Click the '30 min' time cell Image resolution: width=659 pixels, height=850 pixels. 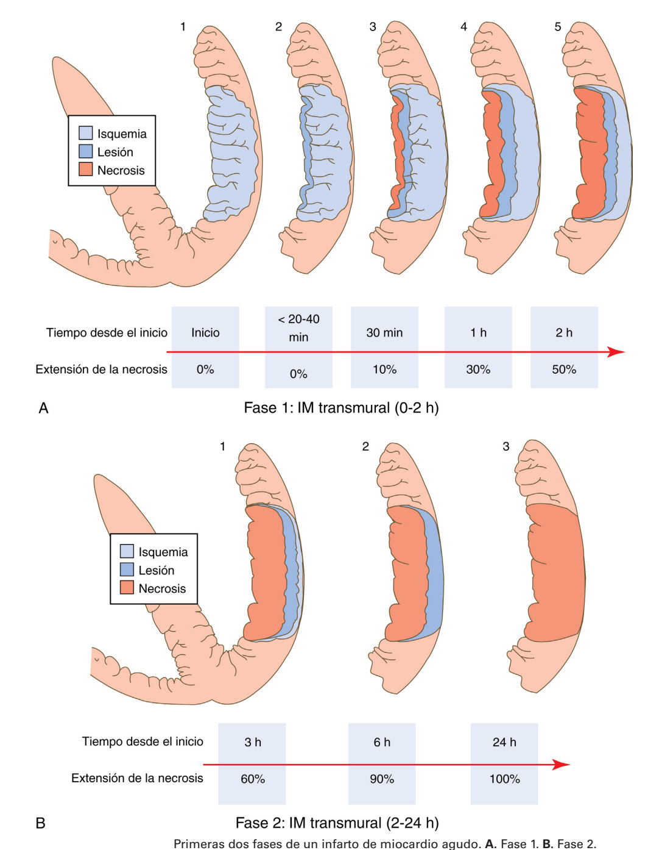(x=384, y=332)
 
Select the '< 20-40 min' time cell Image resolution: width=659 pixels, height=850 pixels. (x=298, y=327)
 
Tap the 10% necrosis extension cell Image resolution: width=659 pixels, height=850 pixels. (x=384, y=370)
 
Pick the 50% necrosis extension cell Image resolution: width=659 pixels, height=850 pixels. (x=564, y=370)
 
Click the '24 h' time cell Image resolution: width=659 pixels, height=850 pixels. (x=504, y=742)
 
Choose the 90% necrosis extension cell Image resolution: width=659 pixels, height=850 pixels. (x=382, y=779)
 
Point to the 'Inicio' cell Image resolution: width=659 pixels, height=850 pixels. (x=205, y=332)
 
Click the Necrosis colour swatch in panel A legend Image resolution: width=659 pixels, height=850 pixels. (x=86, y=170)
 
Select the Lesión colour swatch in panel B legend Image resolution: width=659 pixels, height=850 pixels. (x=127, y=570)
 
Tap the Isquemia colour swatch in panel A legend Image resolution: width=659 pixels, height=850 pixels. (x=86, y=133)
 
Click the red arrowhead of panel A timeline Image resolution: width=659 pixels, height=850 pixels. (x=617, y=352)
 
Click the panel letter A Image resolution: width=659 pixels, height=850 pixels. (x=43, y=408)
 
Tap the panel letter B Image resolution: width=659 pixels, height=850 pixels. (x=41, y=823)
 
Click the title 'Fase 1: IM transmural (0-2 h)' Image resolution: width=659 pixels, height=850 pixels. (x=341, y=408)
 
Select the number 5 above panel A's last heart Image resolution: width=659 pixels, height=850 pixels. (x=558, y=27)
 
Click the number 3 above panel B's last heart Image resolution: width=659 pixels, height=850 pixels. (x=506, y=446)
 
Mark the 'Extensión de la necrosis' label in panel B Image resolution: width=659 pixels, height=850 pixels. (x=137, y=778)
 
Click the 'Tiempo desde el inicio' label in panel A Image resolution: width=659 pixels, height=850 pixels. (x=107, y=332)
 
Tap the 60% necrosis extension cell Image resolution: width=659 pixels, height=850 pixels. (x=253, y=779)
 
